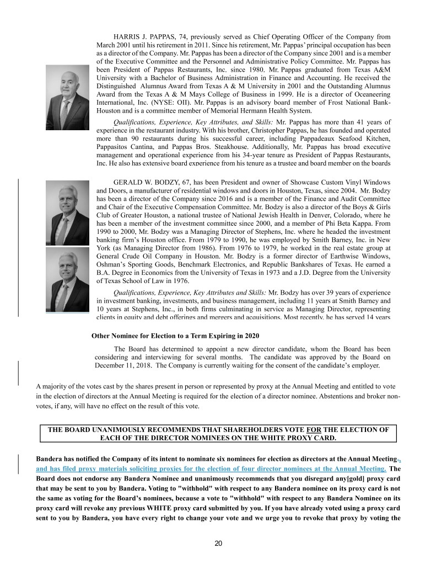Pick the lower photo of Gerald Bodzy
coord(67,281)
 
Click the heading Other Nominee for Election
coord(175,336)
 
